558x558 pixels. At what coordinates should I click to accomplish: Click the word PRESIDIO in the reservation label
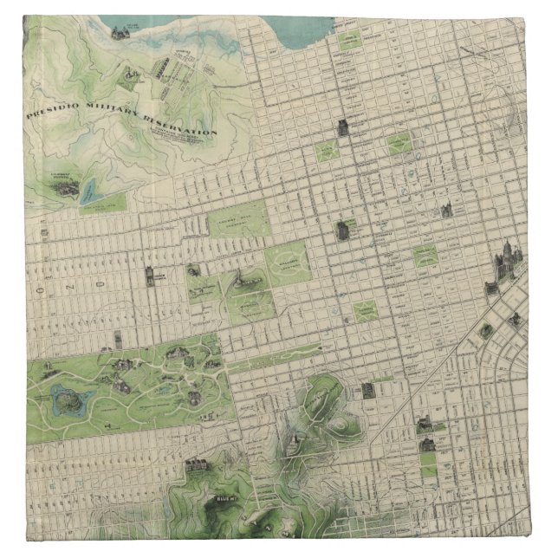[x=55, y=114]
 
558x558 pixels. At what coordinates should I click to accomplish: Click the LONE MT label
[x=237, y=283]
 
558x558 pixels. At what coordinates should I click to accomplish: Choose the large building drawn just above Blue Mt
[x=197, y=465]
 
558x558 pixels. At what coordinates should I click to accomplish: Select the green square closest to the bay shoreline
[x=352, y=39]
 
